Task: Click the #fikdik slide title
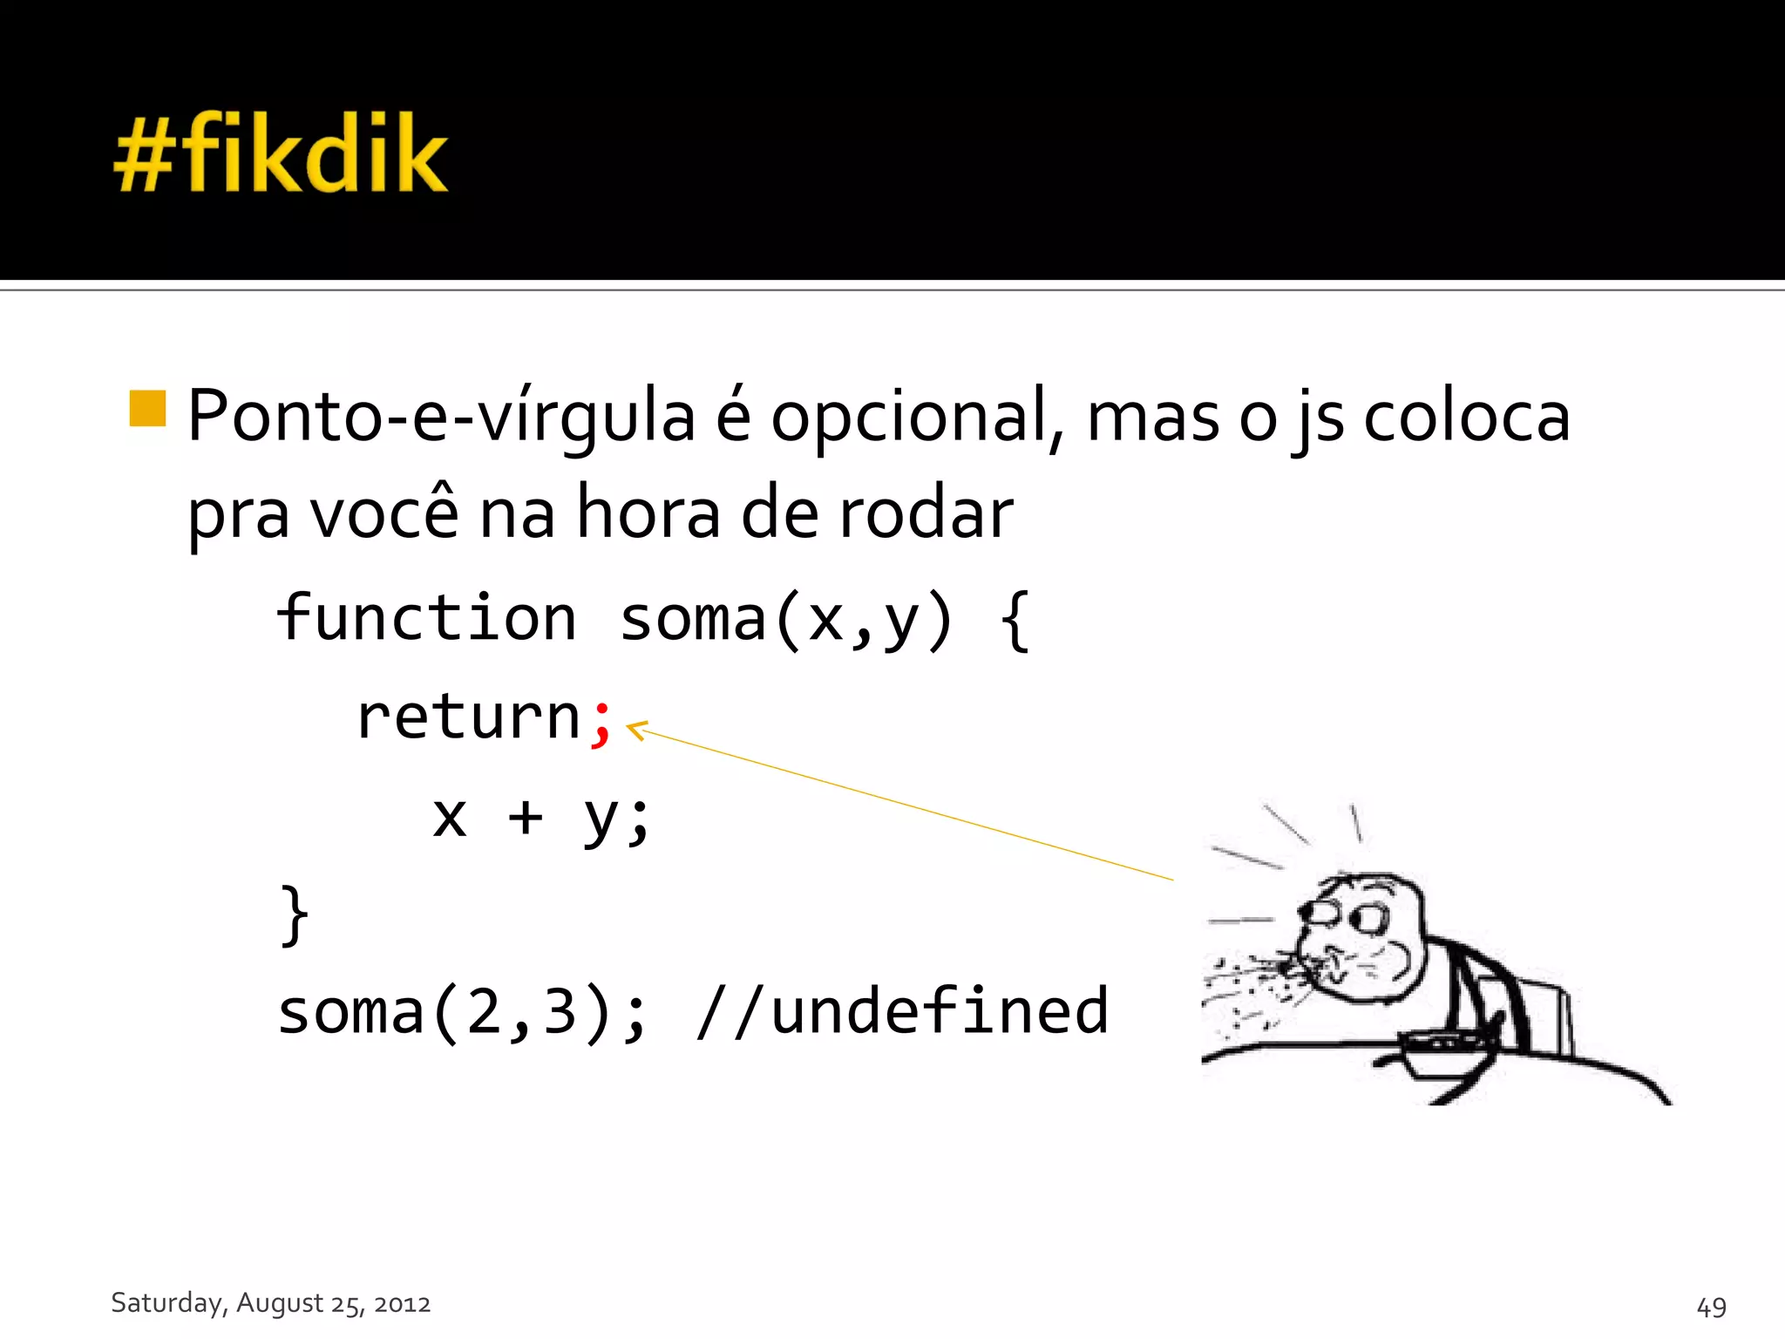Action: coord(281,153)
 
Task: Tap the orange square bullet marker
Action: coord(147,408)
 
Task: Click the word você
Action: coord(384,513)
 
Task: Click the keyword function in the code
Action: coord(426,618)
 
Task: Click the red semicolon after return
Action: coord(601,723)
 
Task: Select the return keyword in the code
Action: coord(469,717)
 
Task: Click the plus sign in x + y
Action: coord(526,818)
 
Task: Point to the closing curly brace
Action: coord(295,914)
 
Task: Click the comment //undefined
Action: coord(903,1012)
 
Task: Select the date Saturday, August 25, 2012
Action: coord(271,1303)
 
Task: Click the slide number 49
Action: coord(1711,1307)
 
